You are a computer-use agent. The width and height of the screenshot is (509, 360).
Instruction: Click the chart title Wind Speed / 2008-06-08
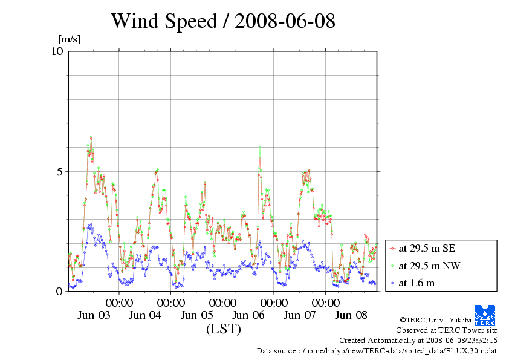(223, 21)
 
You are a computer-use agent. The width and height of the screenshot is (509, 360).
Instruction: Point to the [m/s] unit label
(69, 40)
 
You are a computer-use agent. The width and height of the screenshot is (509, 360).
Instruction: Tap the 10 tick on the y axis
(57, 51)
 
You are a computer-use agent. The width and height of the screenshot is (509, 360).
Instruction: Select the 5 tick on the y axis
(59, 171)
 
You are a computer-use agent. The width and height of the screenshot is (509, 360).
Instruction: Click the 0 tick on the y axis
(59, 291)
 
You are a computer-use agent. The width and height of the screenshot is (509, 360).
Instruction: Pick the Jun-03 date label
(94, 315)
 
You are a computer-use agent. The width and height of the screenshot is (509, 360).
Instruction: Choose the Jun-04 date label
(146, 315)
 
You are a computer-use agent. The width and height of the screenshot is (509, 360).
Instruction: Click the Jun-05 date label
(197, 315)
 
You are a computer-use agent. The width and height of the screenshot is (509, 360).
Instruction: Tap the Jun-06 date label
(248, 315)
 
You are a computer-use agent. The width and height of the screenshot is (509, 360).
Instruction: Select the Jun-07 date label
(300, 315)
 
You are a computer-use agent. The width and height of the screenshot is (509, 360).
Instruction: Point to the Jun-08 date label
(351, 315)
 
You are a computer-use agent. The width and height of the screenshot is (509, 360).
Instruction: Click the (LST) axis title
(223, 330)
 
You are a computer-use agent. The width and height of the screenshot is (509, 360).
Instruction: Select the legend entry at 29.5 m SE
(427, 248)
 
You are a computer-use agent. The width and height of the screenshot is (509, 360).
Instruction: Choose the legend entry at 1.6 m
(417, 283)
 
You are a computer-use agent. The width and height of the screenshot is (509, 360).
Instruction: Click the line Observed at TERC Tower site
(446, 330)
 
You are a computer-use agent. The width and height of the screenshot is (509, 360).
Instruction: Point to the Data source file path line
(377, 350)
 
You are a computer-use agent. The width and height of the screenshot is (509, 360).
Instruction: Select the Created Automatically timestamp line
(418, 341)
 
